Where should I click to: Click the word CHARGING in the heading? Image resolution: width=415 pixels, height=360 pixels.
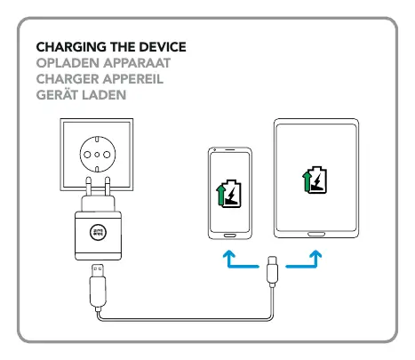pos(71,47)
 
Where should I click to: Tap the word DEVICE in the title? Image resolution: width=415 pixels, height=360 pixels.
pos(163,47)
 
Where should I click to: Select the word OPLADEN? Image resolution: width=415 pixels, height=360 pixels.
pos(68,63)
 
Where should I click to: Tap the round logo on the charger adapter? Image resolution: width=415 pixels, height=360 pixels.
pos(98,232)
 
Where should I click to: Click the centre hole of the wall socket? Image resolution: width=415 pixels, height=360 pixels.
pos(97,155)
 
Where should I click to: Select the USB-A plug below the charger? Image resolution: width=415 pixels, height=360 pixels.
pos(98,285)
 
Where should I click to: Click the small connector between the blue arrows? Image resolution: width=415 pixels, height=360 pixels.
pos(272,271)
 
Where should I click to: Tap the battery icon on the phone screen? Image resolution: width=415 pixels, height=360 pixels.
pos(228,194)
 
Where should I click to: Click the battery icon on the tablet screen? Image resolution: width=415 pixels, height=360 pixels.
pos(315,180)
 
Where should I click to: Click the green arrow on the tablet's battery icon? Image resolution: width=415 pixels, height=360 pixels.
pos(307,181)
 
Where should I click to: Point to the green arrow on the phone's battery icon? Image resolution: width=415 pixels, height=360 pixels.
pos(220,196)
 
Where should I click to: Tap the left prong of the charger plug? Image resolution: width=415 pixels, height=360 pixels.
pos(88,186)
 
